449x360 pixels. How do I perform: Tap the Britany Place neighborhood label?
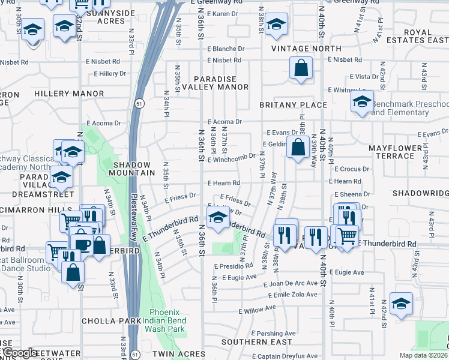(293, 105)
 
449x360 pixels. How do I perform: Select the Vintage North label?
(306, 49)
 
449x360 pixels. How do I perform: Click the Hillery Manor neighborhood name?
(61, 94)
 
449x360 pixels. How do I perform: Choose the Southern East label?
(248, 342)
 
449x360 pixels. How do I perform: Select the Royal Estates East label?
(414, 37)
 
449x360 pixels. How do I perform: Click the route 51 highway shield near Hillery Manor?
(138, 103)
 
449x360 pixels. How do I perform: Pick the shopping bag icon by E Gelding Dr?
(298, 146)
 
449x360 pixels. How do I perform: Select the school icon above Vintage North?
(276, 25)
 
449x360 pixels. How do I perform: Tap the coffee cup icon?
(82, 243)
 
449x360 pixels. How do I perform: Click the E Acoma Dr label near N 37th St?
(224, 122)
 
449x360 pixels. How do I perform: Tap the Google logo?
(20, 353)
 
